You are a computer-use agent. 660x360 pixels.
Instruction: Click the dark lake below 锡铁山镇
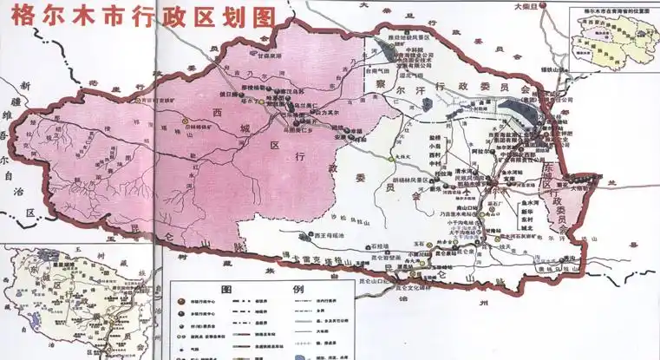pos(520,111)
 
